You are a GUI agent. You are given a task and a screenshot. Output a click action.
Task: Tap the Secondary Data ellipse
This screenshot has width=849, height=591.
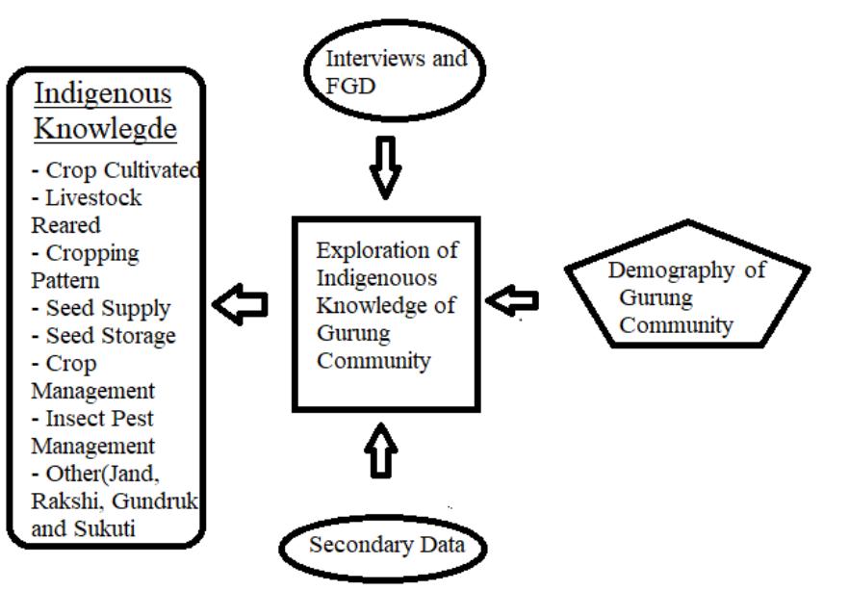(x=384, y=546)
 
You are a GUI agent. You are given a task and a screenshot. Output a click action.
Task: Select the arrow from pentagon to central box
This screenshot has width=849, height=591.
(x=511, y=301)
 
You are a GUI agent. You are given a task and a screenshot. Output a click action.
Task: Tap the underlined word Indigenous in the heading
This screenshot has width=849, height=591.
(x=103, y=94)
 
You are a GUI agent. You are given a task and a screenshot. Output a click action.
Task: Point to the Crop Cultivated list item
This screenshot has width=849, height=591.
(x=116, y=170)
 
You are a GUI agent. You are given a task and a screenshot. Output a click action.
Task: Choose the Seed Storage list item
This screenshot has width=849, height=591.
(x=103, y=336)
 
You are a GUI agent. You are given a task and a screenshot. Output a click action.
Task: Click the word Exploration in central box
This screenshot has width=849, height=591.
(x=387, y=250)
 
